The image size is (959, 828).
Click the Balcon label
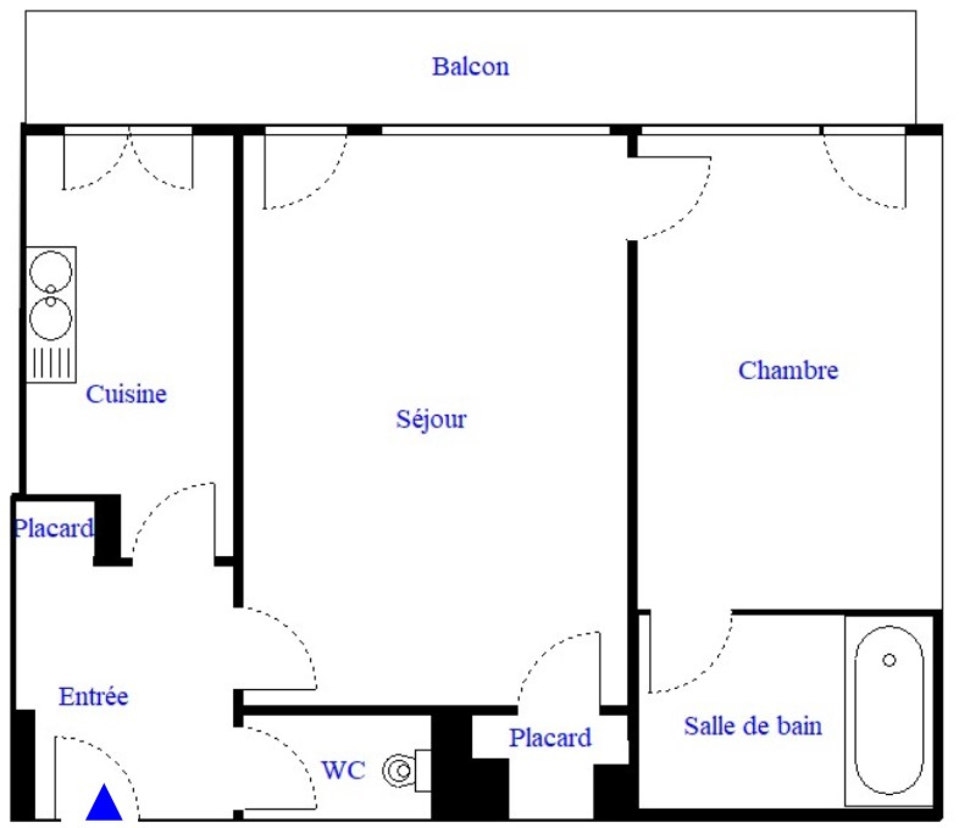click(471, 66)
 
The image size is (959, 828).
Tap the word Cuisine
click(126, 394)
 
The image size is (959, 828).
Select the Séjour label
click(431, 419)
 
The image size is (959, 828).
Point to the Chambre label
click(788, 370)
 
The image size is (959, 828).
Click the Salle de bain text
click(753, 726)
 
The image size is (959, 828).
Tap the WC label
click(343, 770)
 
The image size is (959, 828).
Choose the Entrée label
click(94, 696)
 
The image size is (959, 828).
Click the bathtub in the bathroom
click(889, 710)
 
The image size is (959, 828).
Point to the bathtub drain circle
click(889, 660)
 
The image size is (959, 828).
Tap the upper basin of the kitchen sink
click(51, 271)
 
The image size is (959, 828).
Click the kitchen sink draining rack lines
click(52, 362)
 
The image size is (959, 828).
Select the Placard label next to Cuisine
click(53, 528)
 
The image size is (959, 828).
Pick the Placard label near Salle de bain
click(550, 738)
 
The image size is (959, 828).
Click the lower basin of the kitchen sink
click(51, 318)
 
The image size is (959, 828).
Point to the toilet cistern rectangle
click(423, 770)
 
